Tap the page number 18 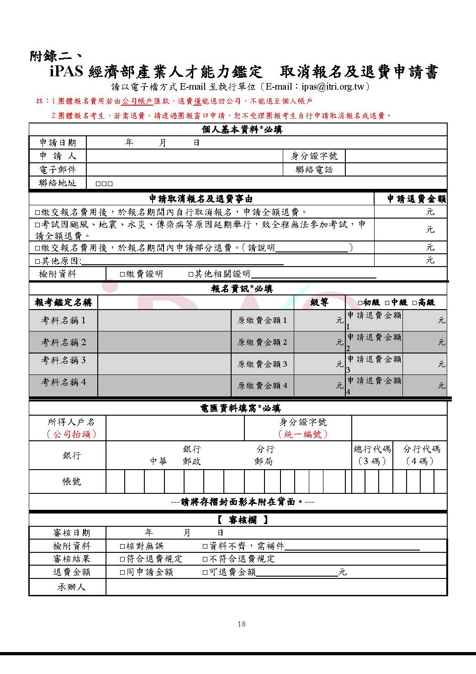(x=242, y=624)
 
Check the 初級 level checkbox (x=360, y=303)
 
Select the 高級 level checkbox (x=414, y=303)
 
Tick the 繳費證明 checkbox (x=122, y=274)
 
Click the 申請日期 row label (x=58, y=143)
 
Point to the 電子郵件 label (x=58, y=170)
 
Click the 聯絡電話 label (x=314, y=170)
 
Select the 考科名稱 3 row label (x=63, y=360)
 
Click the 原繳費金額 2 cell (x=262, y=342)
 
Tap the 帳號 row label (x=72, y=481)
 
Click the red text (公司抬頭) (x=72, y=434)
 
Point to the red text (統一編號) (x=303, y=434)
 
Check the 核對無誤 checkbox (x=122, y=546)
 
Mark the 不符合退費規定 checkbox (x=206, y=559)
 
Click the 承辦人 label (x=71, y=587)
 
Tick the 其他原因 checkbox (x=37, y=261)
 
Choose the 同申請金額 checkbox (x=122, y=572)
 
